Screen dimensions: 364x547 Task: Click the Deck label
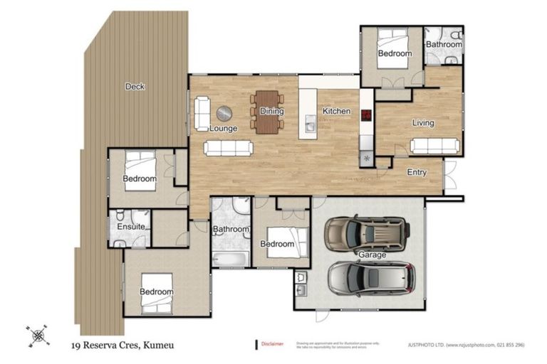(135, 87)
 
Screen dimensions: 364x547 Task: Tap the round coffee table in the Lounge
(224, 114)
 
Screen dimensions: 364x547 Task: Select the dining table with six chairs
(267, 112)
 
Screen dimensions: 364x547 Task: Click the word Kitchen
(336, 112)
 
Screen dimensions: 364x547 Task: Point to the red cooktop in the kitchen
(366, 115)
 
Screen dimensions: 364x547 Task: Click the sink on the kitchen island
(310, 126)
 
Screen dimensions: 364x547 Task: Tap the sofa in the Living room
(434, 146)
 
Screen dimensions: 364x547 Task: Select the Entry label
(417, 173)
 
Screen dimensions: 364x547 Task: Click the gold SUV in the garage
(367, 233)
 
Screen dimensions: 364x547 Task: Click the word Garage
(372, 255)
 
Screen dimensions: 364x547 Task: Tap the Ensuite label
(132, 227)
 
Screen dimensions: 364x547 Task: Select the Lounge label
(223, 129)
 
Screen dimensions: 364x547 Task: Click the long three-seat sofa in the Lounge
(227, 148)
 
